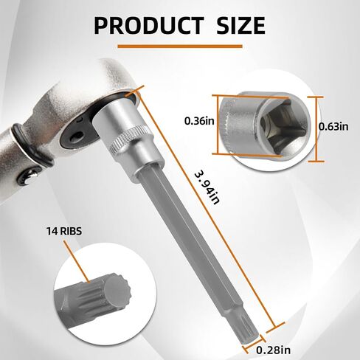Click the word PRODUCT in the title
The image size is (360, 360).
pyautogui.click(x=149, y=25)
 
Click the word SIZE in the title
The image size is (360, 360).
pyautogui.click(x=240, y=25)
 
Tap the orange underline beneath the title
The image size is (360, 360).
pyautogui.click(x=180, y=46)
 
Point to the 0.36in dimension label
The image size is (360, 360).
pyautogui.click(x=199, y=121)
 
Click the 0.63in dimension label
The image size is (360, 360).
pyautogui.click(x=333, y=126)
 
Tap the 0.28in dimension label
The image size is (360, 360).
pyautogui.click(x=273, y=350)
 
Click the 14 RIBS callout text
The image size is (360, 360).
pyautogui.click(x=64, y=231)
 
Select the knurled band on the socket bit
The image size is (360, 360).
pyautogui.click(x=131, y=142)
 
